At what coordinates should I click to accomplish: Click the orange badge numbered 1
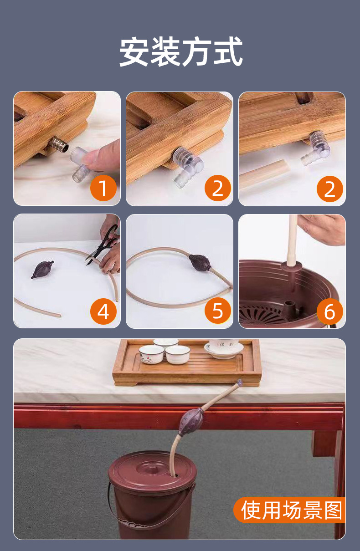(x=103, y=188)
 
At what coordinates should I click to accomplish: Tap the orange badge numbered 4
(x=103, y=311)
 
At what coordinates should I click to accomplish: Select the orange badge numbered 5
(x=218, y=311)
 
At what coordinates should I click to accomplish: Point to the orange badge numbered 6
(x=330, y=311)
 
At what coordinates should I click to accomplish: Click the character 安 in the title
(x=134, y=51)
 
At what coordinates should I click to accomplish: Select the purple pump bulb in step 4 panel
(x=42, y=269)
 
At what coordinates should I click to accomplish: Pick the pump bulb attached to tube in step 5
(x=199, y=262)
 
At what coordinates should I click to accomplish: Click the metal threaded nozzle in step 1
(x=59, y=145)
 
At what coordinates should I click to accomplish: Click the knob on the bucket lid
(x=151, y=467)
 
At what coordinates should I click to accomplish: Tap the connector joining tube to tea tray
(x=239, y=383)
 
